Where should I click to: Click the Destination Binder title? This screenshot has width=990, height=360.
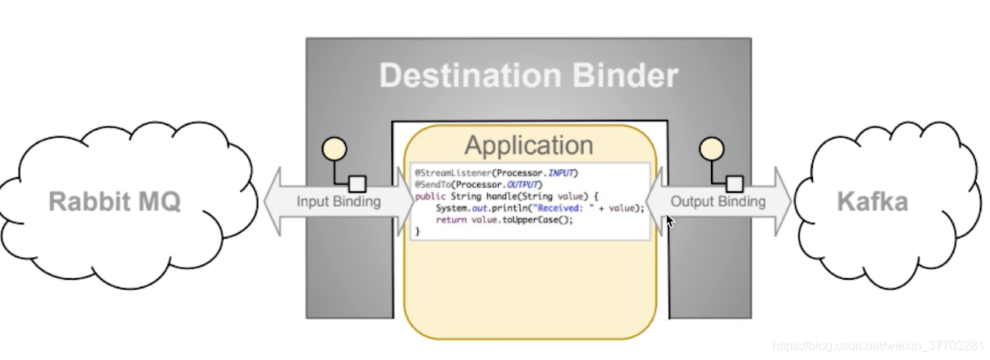529,76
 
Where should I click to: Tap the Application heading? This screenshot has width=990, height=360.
529,146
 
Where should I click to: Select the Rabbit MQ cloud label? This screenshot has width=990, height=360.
115,202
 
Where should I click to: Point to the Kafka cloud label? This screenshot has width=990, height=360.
872,202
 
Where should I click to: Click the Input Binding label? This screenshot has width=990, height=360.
338,202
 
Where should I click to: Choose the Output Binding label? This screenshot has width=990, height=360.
718,202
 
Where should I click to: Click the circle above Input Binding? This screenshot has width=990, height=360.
334,148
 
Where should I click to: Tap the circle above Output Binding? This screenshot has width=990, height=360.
711,148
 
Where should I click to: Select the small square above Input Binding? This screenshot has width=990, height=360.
357,184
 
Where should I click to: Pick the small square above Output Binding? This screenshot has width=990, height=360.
734,184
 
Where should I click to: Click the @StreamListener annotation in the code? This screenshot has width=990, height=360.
447,172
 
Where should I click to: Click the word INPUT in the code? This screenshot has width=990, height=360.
563,172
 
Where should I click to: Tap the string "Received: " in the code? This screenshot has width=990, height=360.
564,207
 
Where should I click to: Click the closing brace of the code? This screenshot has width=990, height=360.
417,231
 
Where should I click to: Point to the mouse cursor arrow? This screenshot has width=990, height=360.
670,221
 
